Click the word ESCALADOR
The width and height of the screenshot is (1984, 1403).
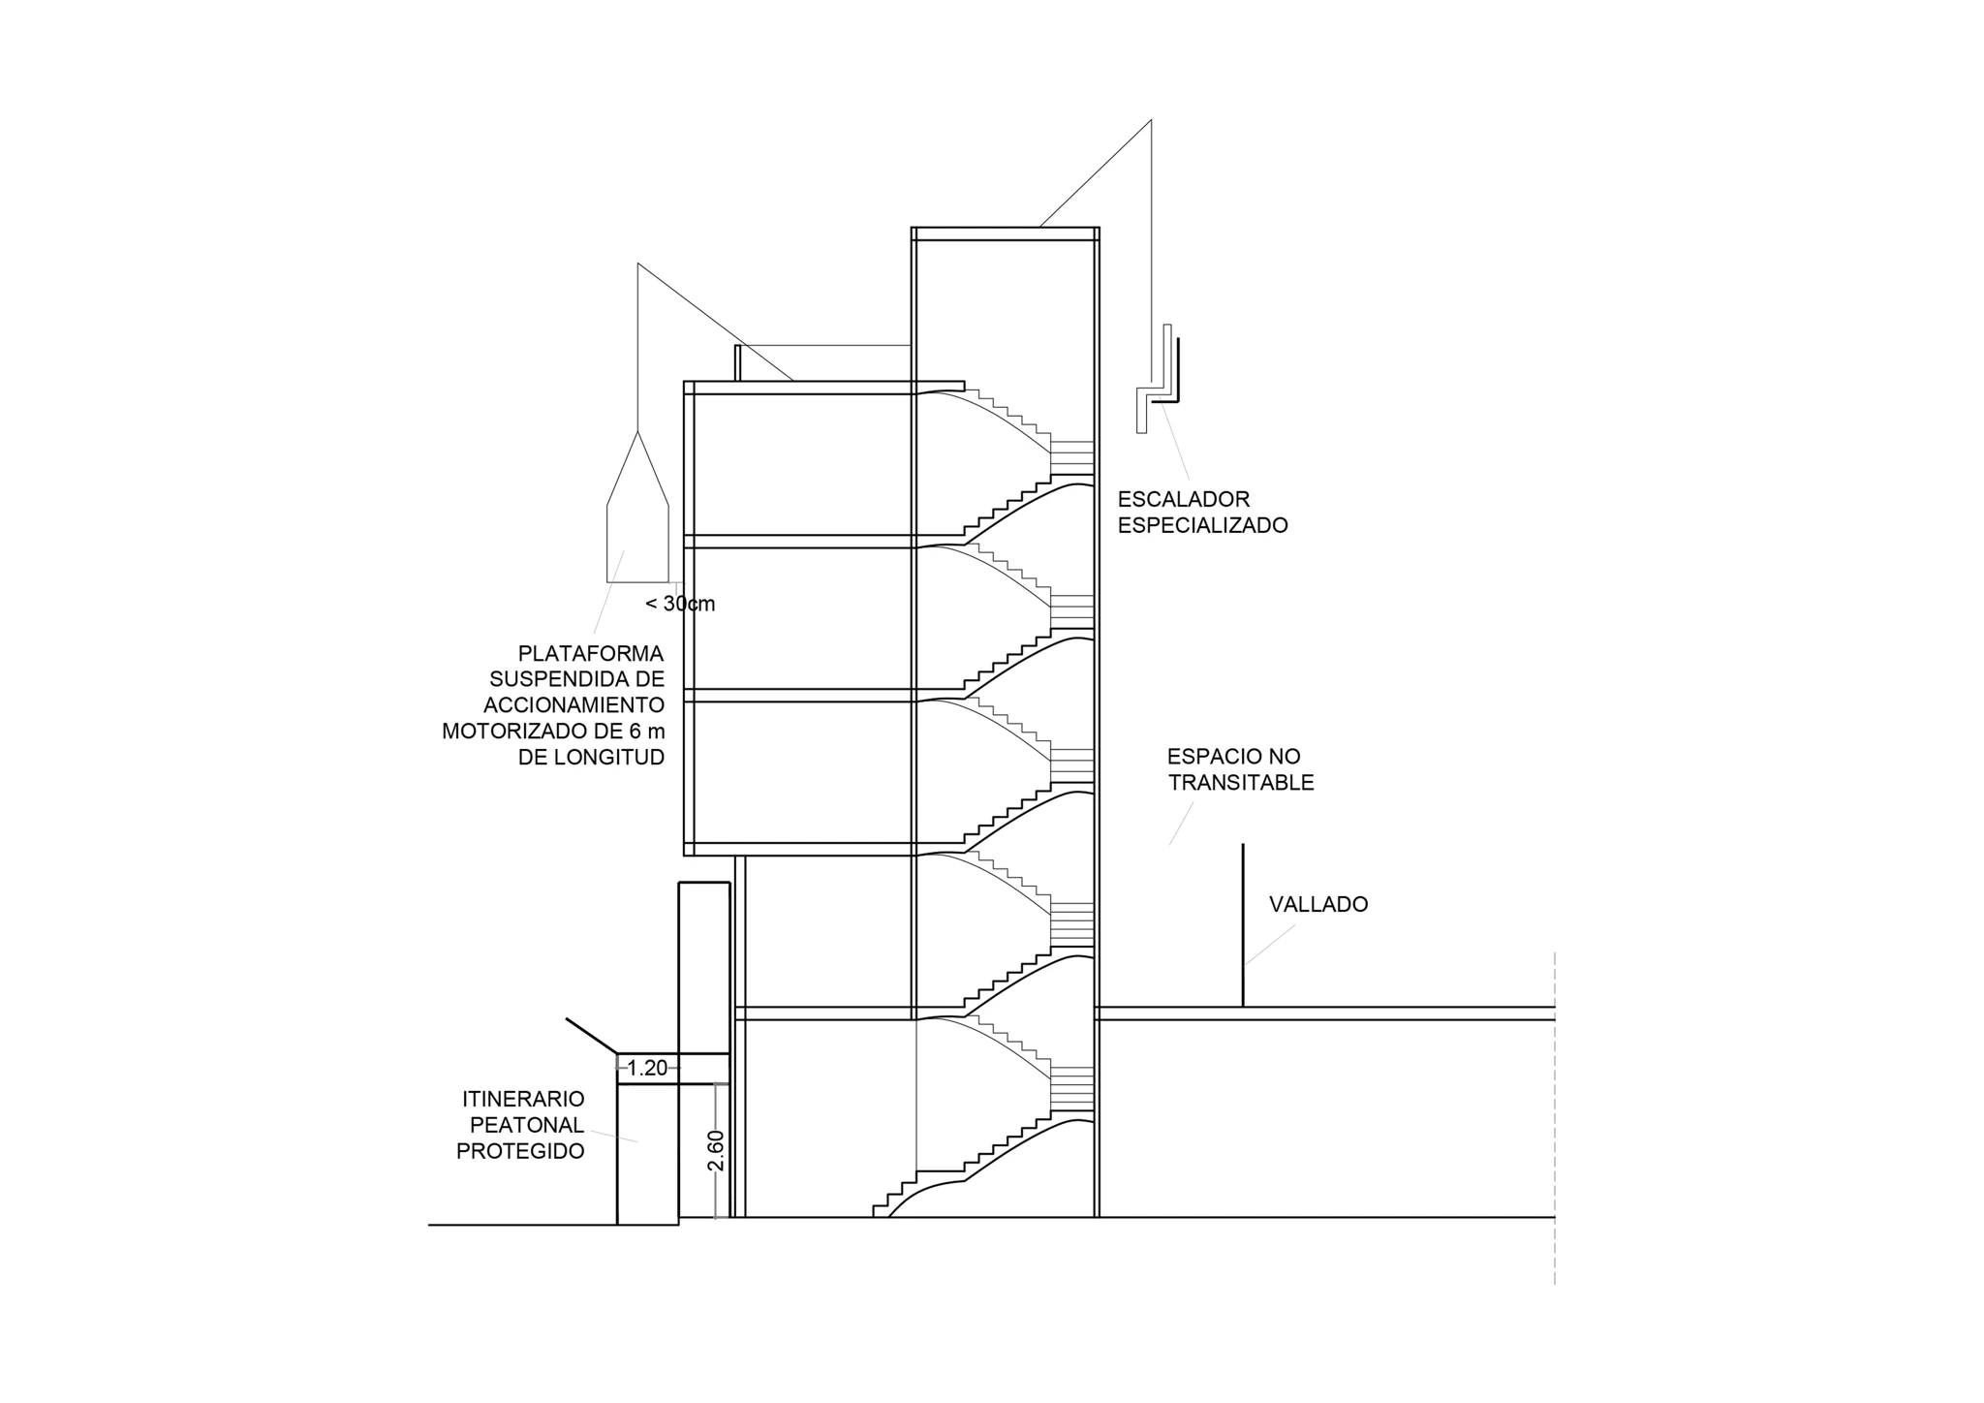pyautogui.click(x=1183, y=500)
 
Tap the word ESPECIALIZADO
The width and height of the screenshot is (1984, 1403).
pyautogui.click(x=1202, y=526)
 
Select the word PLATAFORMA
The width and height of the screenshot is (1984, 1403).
pyautogui.click(x=591, y=653)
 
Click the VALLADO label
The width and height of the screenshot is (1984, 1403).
pyautogui.click(x=1318, y=905)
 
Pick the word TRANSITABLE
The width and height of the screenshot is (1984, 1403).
pyautogui.click(x=1241, y=783)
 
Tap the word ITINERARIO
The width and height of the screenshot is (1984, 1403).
pyautogui.click(x=523, y=1100)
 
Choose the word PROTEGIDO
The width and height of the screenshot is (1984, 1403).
pyautogui.click(x=520, y=1152)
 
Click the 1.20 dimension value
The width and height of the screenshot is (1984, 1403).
pyautogui.click(x=647, y=1069)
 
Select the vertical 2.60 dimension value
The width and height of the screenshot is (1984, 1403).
pyautogui.click(x=716, y=1150)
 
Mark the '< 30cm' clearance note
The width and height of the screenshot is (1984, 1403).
pyautogui.click(x=680, y=605)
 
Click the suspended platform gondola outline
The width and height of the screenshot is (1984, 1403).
pyautogui.click(x=637, y=523)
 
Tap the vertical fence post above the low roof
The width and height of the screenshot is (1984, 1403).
pyautogui.click(x=1243, y=925)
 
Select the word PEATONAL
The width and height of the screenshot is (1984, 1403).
pyautogui.click(x=527, y=1126)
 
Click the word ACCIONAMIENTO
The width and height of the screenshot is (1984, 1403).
pyautogui.click(x=573, y=705)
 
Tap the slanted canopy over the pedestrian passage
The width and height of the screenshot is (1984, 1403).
pyautogui.click(x=592, y=1036)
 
